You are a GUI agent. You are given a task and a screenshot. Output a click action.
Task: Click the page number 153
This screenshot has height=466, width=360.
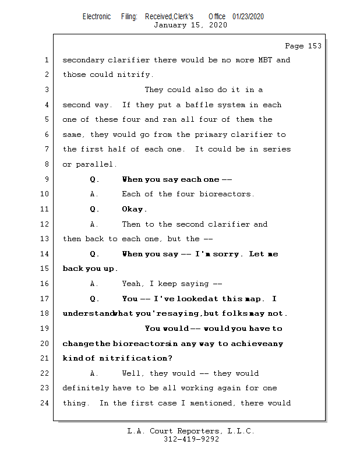[x=315, y=46]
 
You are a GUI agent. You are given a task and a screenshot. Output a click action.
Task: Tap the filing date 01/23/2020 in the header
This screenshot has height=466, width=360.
[x=248, y=17]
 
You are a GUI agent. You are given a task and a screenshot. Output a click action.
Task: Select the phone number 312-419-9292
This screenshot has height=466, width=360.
[x=191, y=439]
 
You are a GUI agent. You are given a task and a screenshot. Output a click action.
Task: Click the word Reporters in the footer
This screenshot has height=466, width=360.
[x=199, y=431]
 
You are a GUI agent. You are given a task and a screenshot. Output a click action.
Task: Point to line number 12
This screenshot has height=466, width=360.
[x=45, y=224]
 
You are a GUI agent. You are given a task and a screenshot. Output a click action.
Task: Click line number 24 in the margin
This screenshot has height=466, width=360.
[x=45, y=403]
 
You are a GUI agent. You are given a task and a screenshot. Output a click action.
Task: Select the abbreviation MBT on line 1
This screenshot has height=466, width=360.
[x=265, y=60]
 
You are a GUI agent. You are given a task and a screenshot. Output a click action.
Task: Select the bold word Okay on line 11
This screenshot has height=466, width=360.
[x=133, y=209]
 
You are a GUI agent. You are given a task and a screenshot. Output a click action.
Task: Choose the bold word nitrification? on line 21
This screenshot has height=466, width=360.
[x=136, y=358]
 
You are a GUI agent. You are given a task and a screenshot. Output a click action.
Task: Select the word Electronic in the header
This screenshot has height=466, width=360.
[x=97, y=17]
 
